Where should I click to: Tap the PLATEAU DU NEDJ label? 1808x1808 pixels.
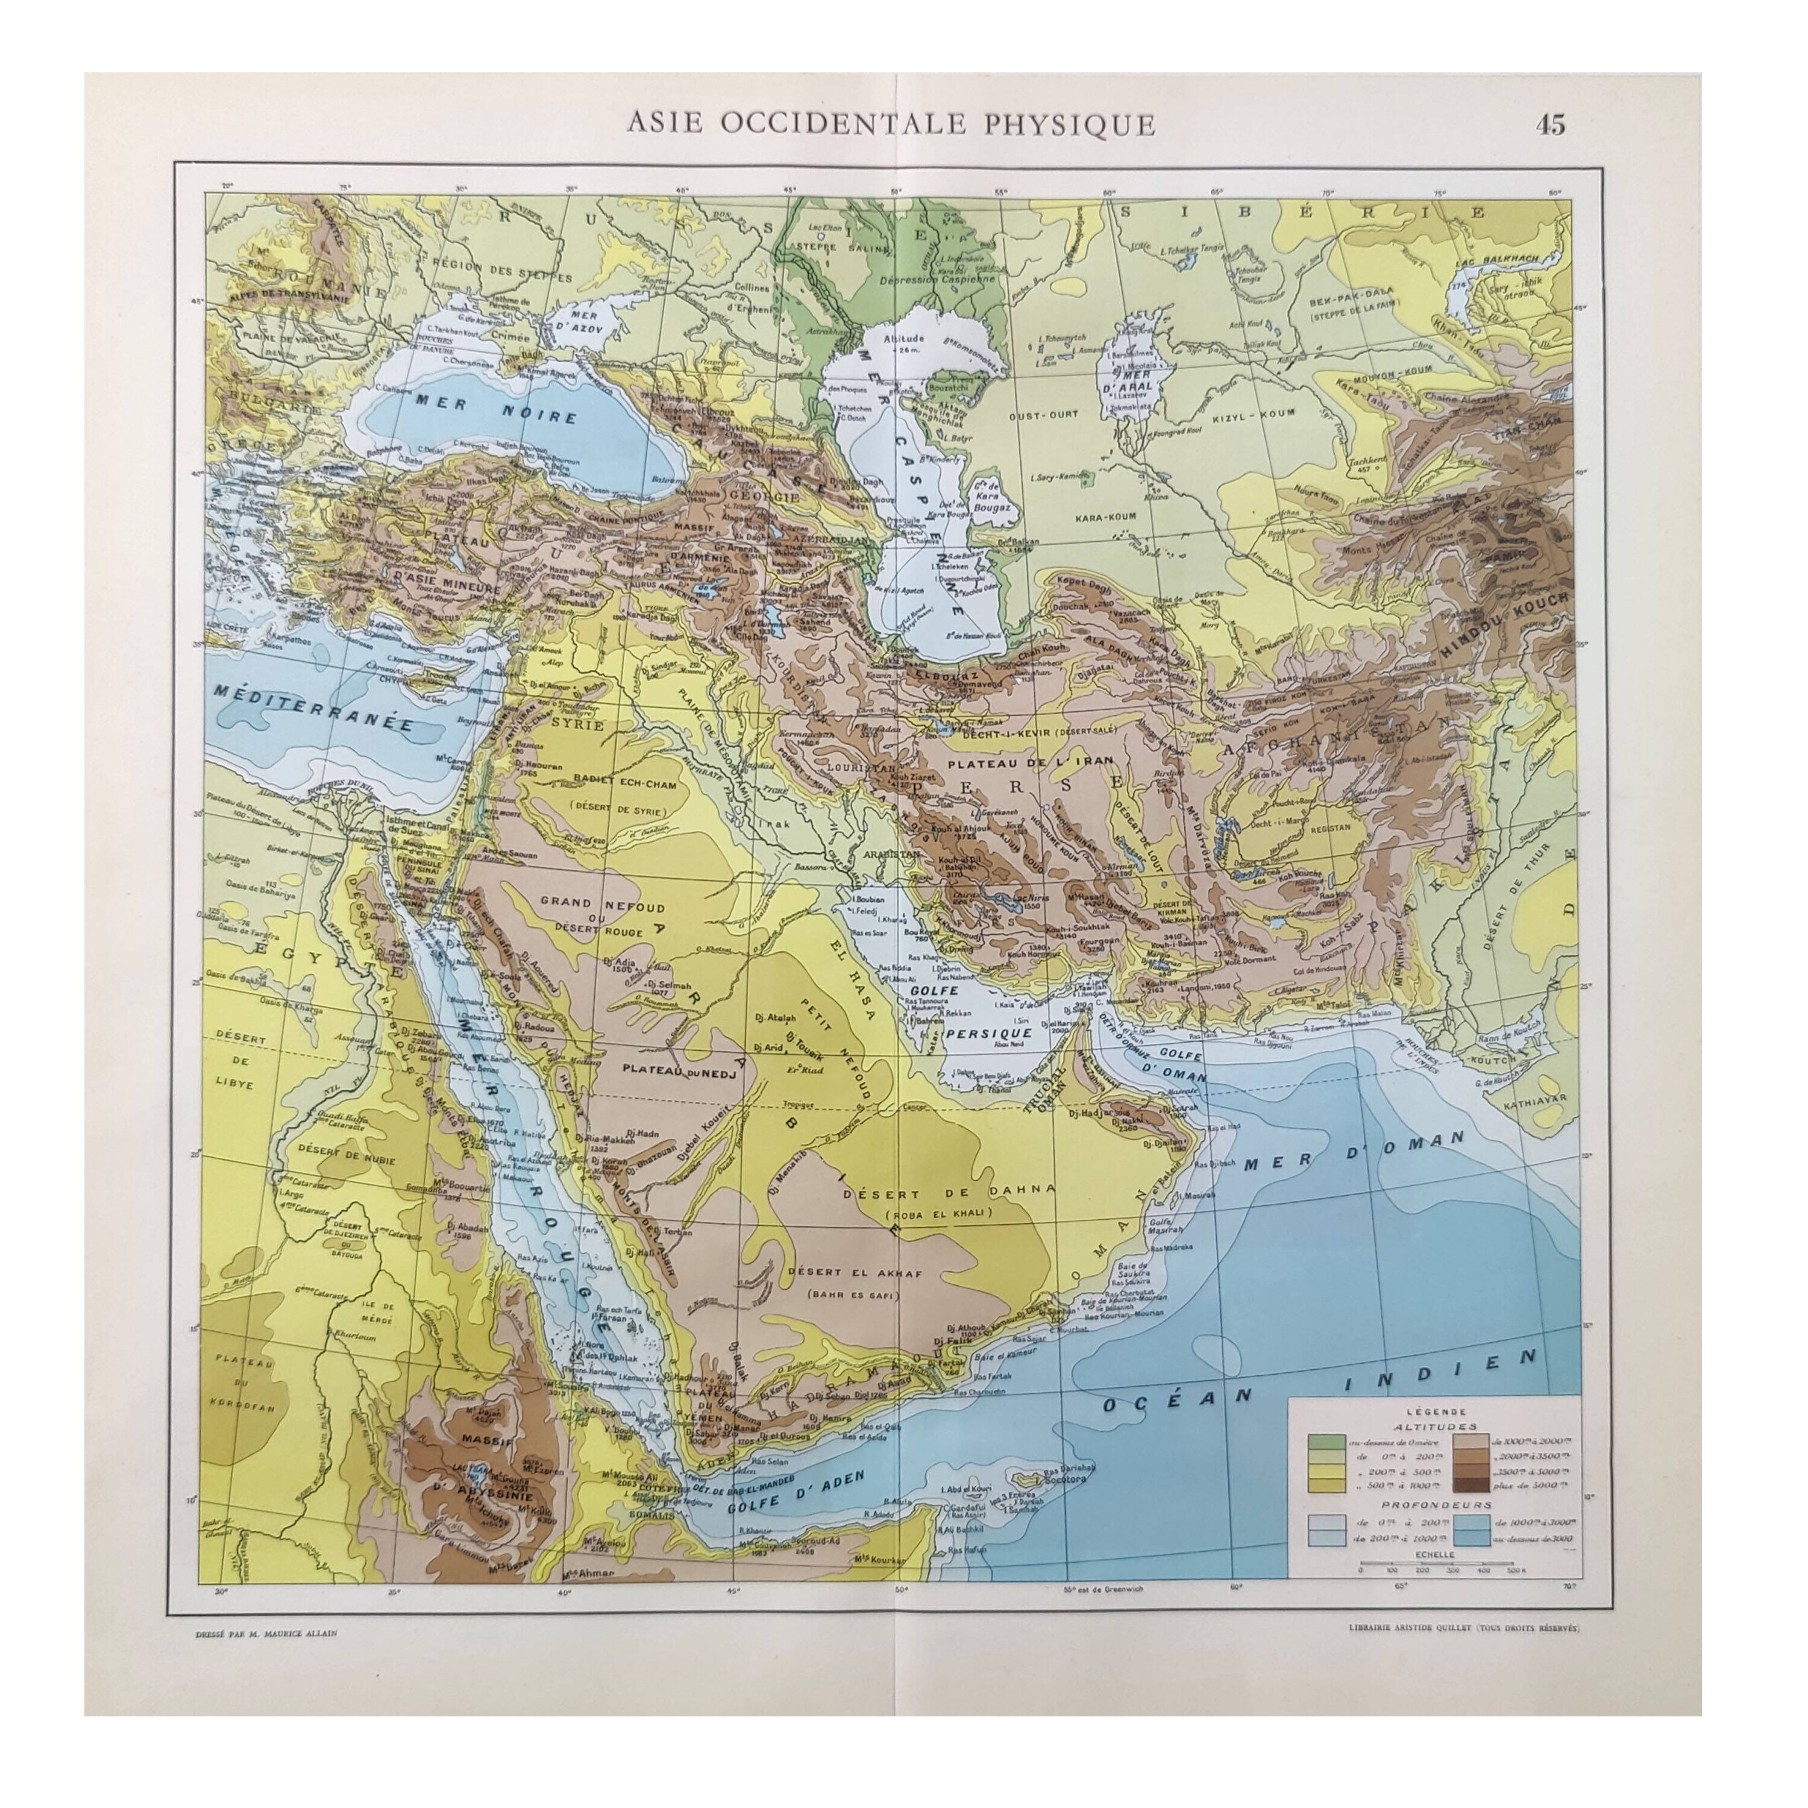point(681,1073)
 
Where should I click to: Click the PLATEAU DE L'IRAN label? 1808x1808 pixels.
point(1014,764)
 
